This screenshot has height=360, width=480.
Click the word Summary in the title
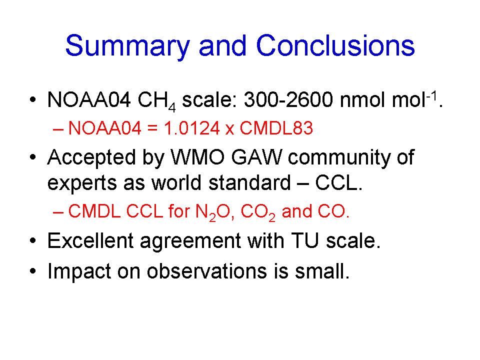pos(127,46)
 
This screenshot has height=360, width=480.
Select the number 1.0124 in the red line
pos(192,128)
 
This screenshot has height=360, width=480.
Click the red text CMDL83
pos(276,128)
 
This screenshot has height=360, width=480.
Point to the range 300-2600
pos(288,99)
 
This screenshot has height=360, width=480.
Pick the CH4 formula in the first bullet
pos(156,101)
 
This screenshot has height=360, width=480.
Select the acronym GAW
pos(256,157)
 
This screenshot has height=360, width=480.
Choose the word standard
pos(249,182)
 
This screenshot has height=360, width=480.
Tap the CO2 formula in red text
pos(258,212)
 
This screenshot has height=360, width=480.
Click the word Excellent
pos(90,240)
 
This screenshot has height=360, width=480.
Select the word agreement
pos(190,242)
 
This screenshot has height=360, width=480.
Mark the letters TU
pos(305,240)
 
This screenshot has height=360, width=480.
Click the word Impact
pos(79,272)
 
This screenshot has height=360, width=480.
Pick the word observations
pos(206,271)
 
